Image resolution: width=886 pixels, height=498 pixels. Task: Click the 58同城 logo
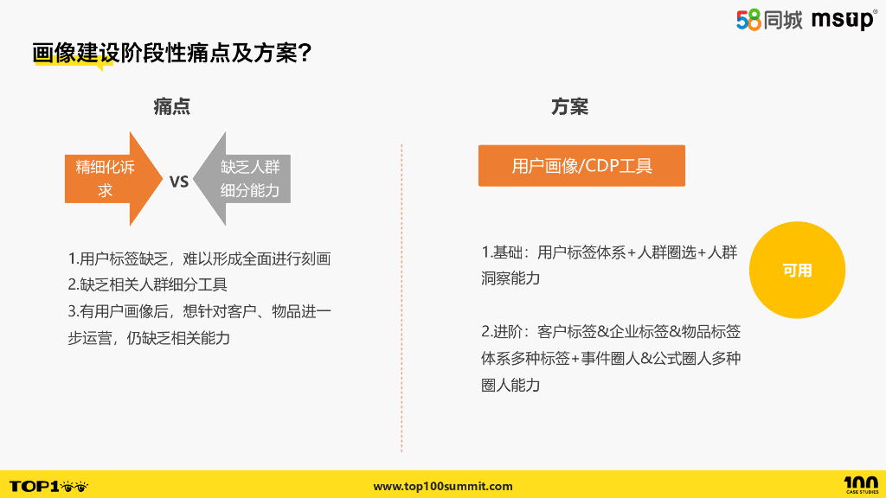coord(769,20)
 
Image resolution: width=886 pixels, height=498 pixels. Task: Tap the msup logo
coord(844,20)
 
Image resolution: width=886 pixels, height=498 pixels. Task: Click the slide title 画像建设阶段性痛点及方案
coord(164,53)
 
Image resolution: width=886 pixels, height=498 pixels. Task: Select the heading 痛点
coord(172,106)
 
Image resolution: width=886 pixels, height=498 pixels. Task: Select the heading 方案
coord(569,106)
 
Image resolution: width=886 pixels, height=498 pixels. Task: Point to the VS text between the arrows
coord(178,182)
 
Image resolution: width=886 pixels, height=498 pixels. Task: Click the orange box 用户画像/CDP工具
coord(581,166)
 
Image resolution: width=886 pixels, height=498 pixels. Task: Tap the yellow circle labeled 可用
coord(797,271)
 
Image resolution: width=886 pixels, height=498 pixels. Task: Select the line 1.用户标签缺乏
coord(199,259)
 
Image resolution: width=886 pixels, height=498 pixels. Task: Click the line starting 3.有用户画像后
coord(199,310)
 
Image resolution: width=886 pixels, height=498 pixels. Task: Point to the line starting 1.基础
coord(609,252)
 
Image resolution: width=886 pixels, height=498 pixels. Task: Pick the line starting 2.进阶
coord(610,331)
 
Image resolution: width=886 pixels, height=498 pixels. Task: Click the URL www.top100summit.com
coord(443,486)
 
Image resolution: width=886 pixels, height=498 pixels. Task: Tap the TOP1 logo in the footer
coord(48,486)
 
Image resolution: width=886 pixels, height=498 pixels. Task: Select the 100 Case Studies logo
coord(860,485)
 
